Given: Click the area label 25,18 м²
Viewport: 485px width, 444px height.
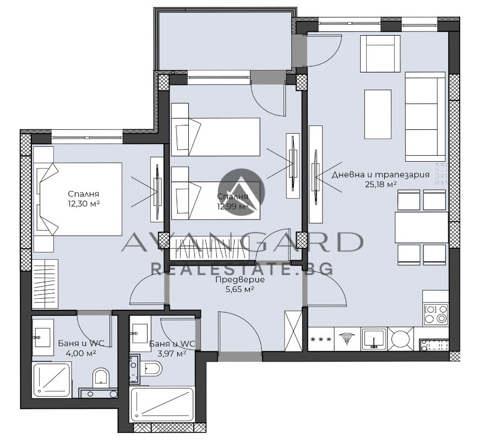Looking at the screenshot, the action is pos(381,184).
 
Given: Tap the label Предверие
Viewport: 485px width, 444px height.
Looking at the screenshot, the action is pos(239,280).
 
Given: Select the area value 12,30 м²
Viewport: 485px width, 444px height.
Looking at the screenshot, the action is pos(84,204).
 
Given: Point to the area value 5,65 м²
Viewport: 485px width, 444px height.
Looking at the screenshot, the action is pos(239,289).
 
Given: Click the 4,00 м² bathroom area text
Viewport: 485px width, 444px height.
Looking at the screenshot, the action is pos(81,353).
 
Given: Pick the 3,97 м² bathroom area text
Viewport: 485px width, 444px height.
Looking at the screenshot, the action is pos(172,353).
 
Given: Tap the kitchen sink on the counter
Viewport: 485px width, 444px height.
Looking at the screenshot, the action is pos(374,339).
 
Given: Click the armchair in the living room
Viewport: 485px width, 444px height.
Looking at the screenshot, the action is pos(380,54).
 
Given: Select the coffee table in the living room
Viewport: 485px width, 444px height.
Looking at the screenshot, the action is pos(378,114).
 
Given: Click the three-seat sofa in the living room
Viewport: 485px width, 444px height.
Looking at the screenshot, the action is pos(426,117).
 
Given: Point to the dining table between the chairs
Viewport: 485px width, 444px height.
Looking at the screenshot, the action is pos(422,227).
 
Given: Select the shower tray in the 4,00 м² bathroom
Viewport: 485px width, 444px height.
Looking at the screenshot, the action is pos(52,381).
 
